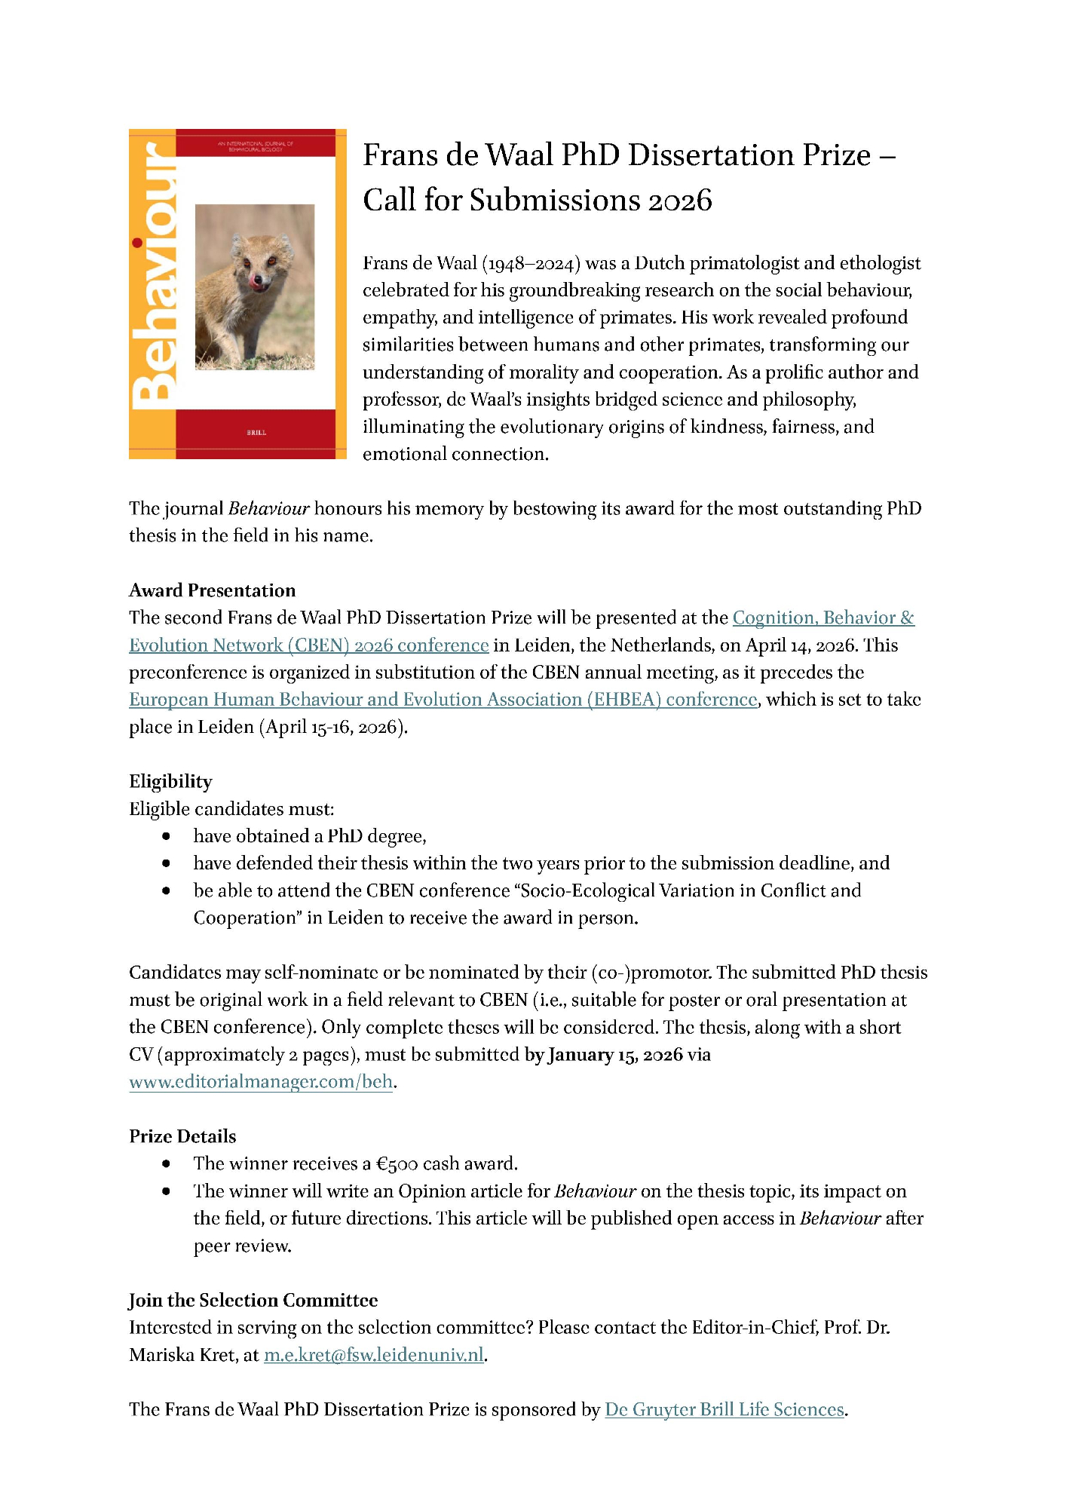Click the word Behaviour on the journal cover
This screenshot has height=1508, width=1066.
point(155,275)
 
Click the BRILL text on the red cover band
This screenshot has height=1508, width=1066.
point(256,433)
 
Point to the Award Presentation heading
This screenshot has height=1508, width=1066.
point(212,590)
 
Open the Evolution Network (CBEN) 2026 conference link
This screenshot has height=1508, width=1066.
point(308,645)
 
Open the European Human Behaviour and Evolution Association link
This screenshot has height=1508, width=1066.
point(443,700)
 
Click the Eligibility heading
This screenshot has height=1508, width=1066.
point(170,781)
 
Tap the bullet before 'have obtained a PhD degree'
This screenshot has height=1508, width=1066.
point(166,836)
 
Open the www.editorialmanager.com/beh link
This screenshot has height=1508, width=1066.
point(261,1082)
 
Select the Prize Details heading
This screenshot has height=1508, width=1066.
point(182,1136)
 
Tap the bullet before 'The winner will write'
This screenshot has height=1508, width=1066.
point(166,1191)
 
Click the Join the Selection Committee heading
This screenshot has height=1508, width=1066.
point(253,1300)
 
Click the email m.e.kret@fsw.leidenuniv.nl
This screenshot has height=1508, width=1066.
point(373,1355)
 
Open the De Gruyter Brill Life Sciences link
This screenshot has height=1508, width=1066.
point(724,1409)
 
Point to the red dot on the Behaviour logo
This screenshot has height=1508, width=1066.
point(137,243)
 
